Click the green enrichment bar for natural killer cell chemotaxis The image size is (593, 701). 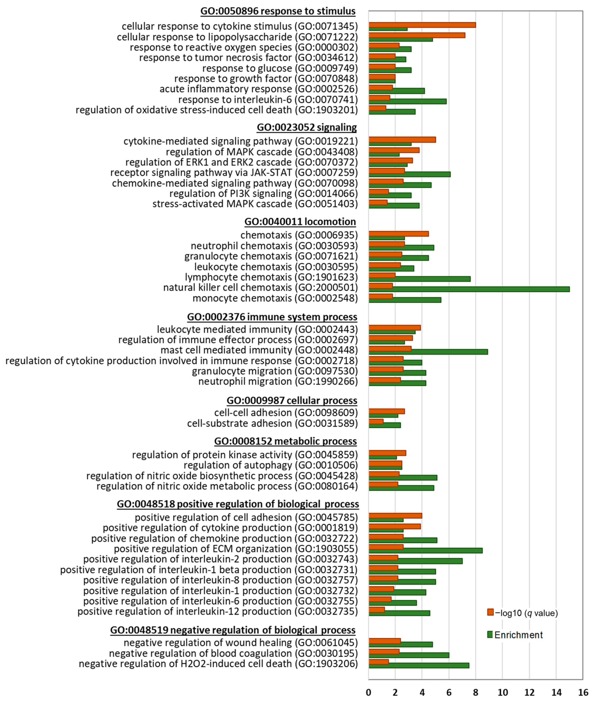point(469,289)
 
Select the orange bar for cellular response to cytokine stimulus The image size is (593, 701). point(422,25)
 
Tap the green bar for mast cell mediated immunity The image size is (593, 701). point(428,352)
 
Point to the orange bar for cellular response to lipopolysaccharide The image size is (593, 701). point(417,35)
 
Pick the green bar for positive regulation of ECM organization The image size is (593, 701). point(426,550)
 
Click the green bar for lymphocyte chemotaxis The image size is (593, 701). point(420,279)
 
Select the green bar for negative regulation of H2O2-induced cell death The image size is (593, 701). point(419,665)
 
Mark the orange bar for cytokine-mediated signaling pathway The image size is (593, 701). point(402,139)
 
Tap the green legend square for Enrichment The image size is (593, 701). point(490,635)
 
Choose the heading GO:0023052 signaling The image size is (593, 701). point(307,127)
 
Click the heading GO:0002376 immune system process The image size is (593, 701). point(272,317)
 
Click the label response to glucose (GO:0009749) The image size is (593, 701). point(280,68)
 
